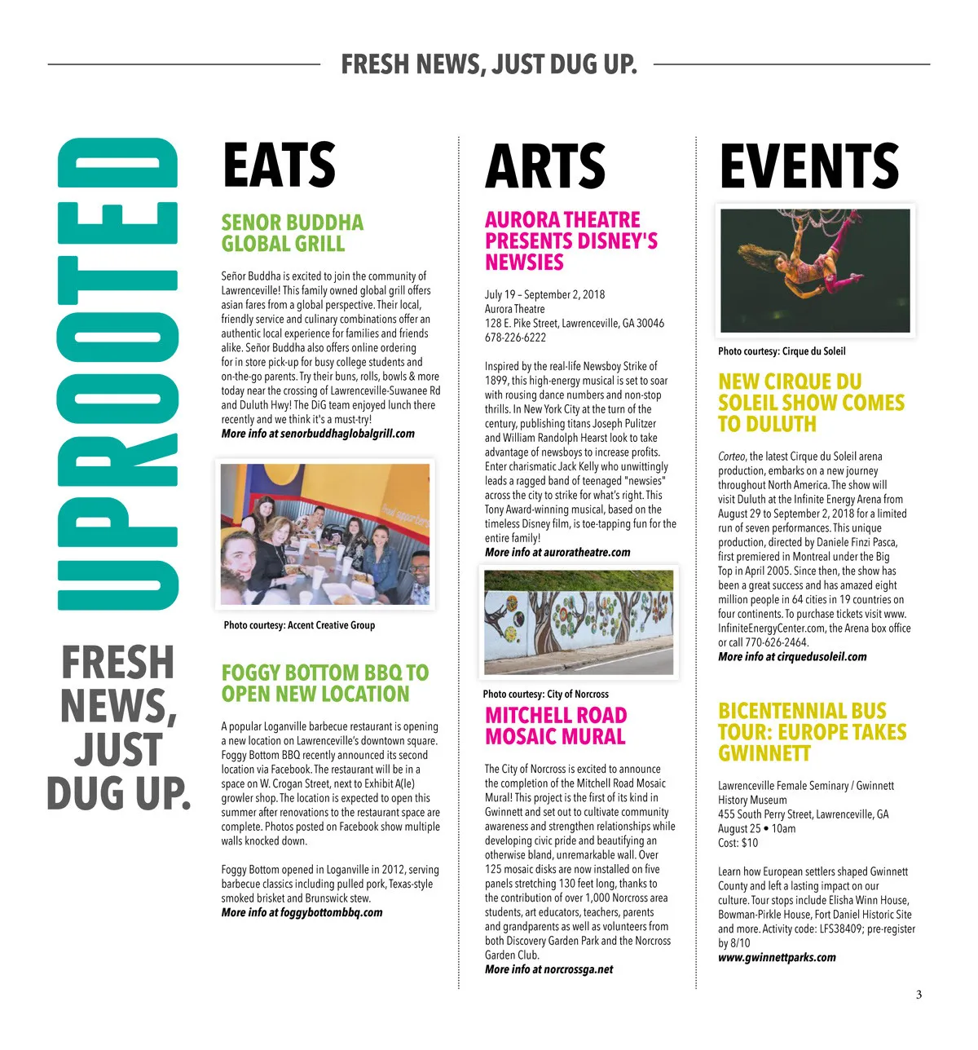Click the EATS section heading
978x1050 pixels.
click(x=279, y=165)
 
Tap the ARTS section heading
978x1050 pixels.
click(x=544, y=166)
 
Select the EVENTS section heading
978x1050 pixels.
click(x=808, y=166)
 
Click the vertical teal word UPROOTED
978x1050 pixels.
click(x=119, y=374)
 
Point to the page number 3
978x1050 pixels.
click(x=919, y=995)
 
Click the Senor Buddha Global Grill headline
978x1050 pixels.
click(x=292, y=233)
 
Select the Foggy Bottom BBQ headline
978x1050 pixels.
click(x=324, y=683)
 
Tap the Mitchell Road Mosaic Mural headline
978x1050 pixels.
click(x=556, y=726)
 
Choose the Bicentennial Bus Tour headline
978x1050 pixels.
click(x=812, y=731)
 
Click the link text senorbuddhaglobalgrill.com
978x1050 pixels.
click(x=347, y=434)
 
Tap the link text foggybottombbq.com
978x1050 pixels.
click(x=331, y=912)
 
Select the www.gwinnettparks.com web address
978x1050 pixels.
click(x=777, y=957)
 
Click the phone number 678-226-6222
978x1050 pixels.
click(x=515, y=337)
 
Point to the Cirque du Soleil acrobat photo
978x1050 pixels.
click(x=815, y=271)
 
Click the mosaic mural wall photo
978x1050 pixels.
click(x=579, y=621)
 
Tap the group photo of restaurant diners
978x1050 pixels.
click(x=325, y=534)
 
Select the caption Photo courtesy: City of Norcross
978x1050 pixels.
click(x=545, y=694)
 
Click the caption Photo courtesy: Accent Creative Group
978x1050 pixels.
click(x=299, y=625)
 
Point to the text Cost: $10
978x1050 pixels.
click(x=738, y=843)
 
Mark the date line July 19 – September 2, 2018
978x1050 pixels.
click(x=544, y=294)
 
